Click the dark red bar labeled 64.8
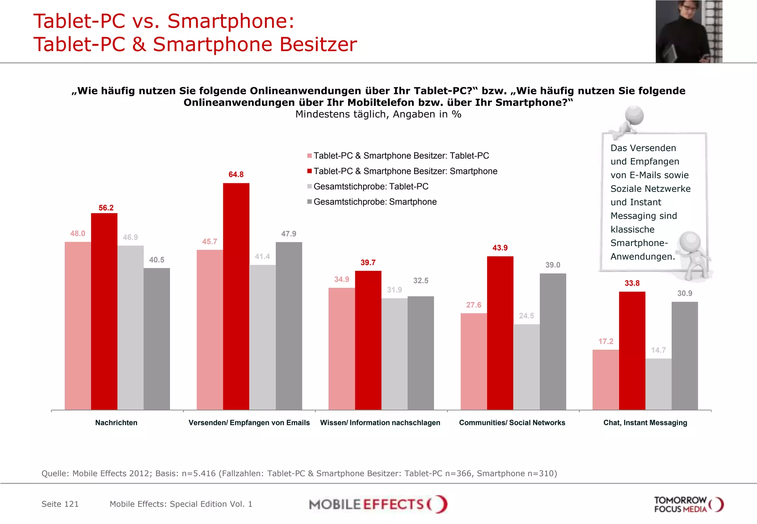pyautogui.click(x=236, y=296)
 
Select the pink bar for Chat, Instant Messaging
pyautogui.click(x=605, y=380)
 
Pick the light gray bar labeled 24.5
pyautogui.click(x=526, y=367)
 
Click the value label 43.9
pyautogui.click(x=500, y=248)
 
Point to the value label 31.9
pyautogui.click(x=394, y=290)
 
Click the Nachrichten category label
pyautogui.click(x=116, y=423)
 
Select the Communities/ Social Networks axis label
pyautogui.click(x=512, y=423)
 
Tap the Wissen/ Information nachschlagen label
pyautogui.click(x=380, y=423)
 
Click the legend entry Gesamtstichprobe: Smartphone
pyautogui.click(x=375, y=202)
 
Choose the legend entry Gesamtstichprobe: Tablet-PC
pyautogui.click(x=371, y=187)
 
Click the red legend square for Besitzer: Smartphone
pyautogui.click(x=309, y=171)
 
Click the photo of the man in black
pyautogui.click(x=689, y=31)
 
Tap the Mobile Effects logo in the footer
pyautogui.click(x=378, y=504)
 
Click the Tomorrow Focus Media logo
pyautogui.click(x=688, y=504)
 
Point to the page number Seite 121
pyautogui.click(x=60, y=504)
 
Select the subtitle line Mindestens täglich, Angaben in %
pyautogui.click(x=378, y=114)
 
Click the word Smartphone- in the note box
pyautogui.click(x=639, y=243)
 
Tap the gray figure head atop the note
pyautogui.click(x=634, y=115)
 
